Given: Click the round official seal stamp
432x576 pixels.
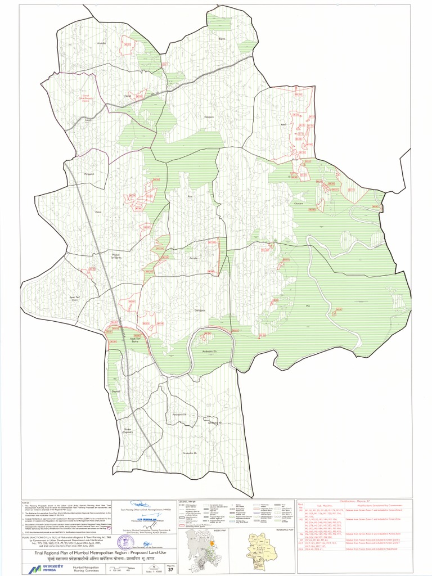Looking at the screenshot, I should click(125, 542).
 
